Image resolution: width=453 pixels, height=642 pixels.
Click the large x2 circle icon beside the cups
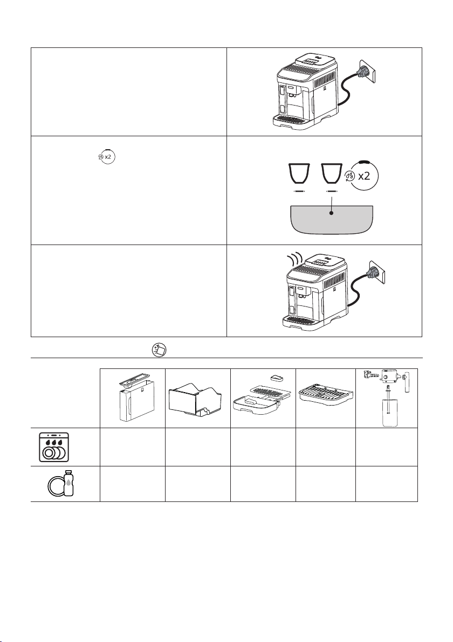pyautogui.click(x=361, y=175)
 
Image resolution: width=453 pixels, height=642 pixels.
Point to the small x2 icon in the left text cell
pyautogui.click(x=106, y=157)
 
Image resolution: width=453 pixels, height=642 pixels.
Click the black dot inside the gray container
pyautogui.click(x=331, y=213)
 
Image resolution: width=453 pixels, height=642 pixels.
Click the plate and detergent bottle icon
pyautogui.click(x=61, y=484)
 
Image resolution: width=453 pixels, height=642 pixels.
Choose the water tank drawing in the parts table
pyautogui.click(x=133, y=399)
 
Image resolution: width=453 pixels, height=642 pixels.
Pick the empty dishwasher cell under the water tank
pyautogui.click(x=133, y=446)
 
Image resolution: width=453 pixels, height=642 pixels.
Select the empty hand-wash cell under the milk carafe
pyautogui.click(x=387, y=484)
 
